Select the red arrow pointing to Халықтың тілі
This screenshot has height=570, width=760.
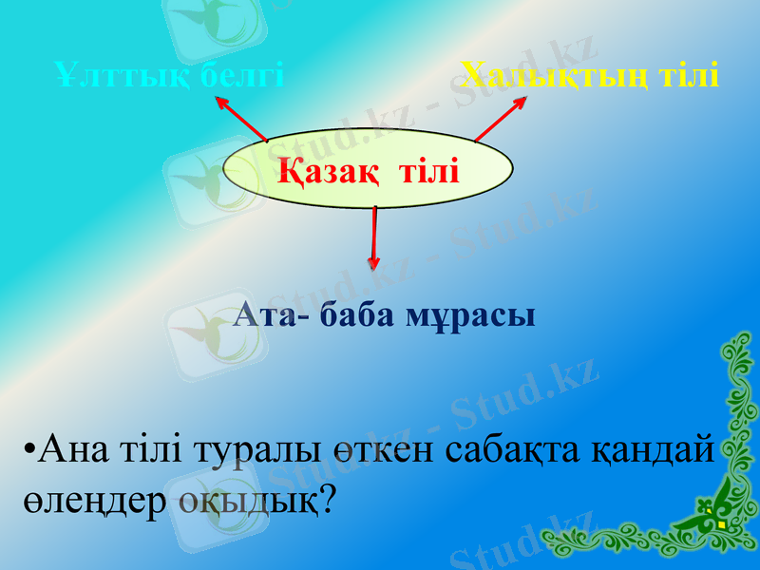tap(501, 119)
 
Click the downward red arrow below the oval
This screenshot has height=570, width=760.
tap(374, 239)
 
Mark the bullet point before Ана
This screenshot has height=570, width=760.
tap(31, 448)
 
